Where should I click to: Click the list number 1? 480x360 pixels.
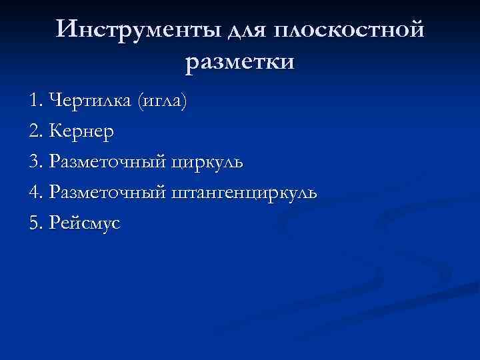35,101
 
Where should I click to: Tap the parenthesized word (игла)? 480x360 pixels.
161,102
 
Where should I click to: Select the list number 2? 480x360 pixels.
35,132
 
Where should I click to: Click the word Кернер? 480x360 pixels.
82,132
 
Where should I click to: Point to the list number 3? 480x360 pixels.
35,162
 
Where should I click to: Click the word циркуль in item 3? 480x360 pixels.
207,163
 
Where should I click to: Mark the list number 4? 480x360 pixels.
35,193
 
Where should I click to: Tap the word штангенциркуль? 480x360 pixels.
244,193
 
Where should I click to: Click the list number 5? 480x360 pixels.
35,223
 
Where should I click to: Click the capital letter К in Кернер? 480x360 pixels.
55,132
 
